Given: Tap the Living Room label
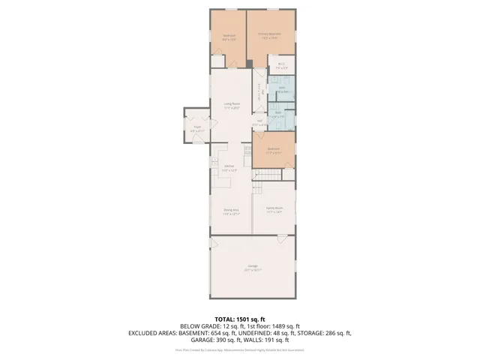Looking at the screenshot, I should (x=231, y=106).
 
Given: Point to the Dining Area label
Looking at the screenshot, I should (x=231, y=212).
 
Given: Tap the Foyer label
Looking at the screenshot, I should (x=197, y=129).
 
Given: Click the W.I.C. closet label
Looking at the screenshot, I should (x=281, y=66).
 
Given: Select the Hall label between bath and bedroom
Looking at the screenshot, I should (x=259, y=123).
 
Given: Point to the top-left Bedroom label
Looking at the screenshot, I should (x=229, y=37).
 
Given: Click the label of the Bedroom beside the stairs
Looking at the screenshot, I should (x=274, y=150).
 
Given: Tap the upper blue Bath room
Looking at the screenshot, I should (x=283, y=90).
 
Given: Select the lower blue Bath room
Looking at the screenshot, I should (x=277, y=116).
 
